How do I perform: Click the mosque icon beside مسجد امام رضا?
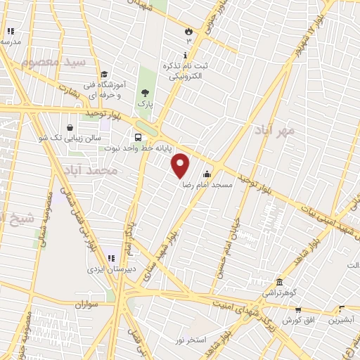click(207, 174)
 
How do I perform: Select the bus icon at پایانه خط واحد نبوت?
click(137, 137)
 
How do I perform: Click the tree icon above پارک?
click(145, 92)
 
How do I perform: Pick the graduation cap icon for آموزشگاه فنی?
click(103, 75)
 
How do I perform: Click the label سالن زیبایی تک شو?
click(63, 138)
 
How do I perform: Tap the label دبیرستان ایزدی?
click(105, 269)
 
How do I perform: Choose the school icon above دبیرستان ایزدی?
click(110, 258)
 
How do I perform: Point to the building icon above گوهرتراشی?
click(279, 281)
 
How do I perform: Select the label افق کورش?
click(298, 320)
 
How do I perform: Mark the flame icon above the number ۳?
click(188, 32)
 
